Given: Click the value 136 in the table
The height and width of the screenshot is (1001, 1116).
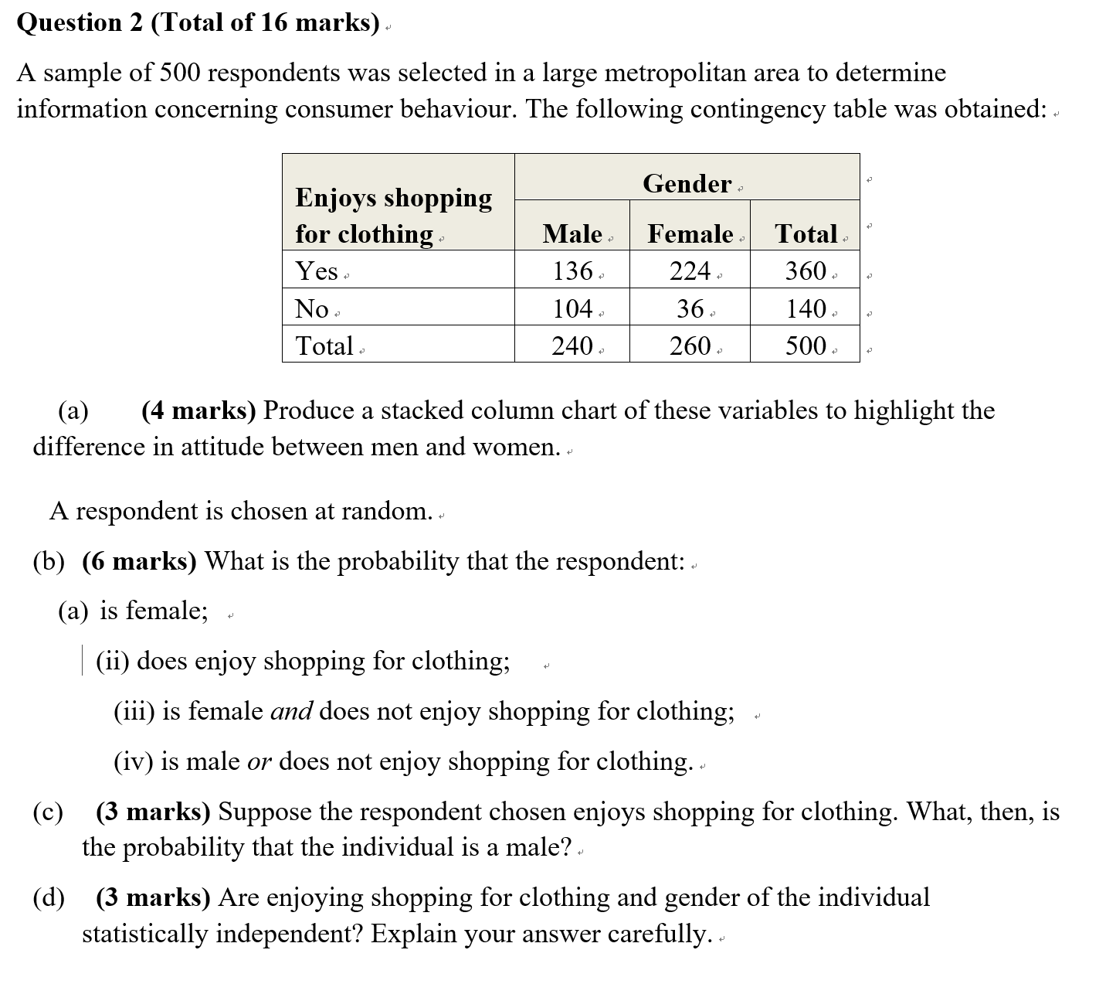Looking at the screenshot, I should (572, 271).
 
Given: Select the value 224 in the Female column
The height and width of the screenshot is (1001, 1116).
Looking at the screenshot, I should (690, 271).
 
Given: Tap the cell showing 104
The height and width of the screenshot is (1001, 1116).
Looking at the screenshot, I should (572, 308).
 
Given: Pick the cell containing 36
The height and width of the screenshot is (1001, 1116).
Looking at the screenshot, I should (690, 308).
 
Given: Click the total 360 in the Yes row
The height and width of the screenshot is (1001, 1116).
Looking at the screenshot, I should (806, 271).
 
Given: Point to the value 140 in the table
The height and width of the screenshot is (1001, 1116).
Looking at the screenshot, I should (806, 308).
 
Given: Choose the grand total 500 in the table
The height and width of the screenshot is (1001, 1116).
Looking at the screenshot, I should (806, 345).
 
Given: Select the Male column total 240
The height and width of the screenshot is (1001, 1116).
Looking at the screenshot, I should (572, 345).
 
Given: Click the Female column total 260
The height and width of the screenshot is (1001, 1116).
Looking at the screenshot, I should (690, 345).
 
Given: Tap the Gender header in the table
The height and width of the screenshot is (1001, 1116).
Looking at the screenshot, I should (687, 183).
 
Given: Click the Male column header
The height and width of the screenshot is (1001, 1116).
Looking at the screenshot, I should (572, 233).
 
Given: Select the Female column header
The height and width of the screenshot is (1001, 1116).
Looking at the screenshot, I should (690, 233).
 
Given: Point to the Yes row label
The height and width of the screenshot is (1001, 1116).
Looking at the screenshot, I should (317, 271).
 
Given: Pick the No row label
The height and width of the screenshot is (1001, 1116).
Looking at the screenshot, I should (312, 308).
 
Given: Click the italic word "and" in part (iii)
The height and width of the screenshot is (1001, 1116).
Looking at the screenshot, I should (291, 710).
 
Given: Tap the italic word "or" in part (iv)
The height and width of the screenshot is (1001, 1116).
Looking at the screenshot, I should (259, 761).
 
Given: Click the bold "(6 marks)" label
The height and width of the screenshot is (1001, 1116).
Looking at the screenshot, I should (139, 560).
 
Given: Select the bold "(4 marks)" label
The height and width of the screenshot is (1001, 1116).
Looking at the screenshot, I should (198, 410).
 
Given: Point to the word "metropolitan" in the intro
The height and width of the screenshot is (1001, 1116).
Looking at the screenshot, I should (674, 73).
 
